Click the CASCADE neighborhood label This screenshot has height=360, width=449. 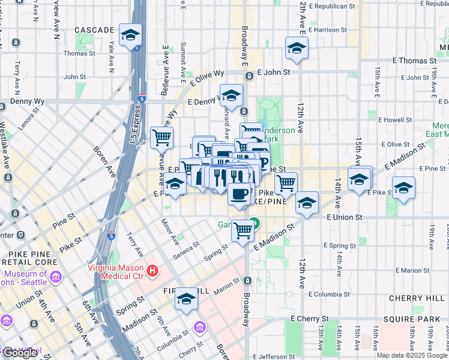pyautogui.click(x=94, y=30)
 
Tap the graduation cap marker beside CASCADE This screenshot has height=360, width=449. pyautogui.click(x=130, y=35)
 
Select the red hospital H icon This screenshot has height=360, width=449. pyautogui.click(x=152, y=271)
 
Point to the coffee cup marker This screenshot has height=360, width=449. pyautogui.click(x=239, y=194)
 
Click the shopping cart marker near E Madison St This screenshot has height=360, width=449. pyautogui.click(x=243, y=230)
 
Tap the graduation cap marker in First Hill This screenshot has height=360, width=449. pyautogui.click(x=187, y=299)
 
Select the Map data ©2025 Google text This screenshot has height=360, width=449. pyautogui.click(x=412, y=355)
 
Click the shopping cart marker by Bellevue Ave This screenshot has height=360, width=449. pyautogui.click(x=161, y=138)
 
